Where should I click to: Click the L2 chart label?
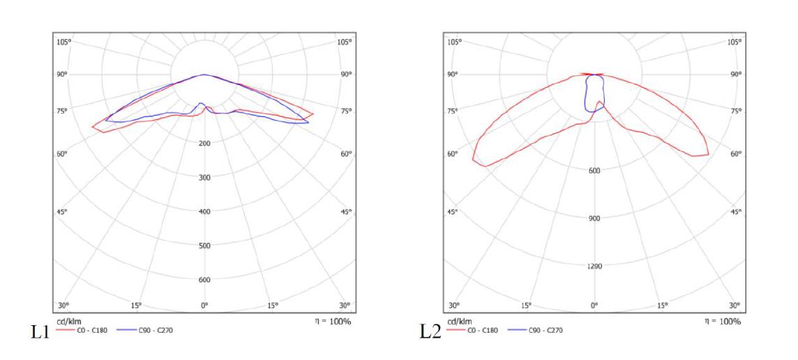[x=431, y=331]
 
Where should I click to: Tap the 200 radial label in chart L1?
[x=204, y=143]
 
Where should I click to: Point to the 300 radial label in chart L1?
[x=204, y=177]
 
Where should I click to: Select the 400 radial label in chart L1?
[x=204, y=211]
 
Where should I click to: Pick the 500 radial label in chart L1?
[x=204, y=246]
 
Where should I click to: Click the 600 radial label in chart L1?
[x=204, y=280]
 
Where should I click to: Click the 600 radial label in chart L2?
[x=594, y=170]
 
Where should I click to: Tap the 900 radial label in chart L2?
[x=594, y=218]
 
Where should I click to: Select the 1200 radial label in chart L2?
[x=594, y=266]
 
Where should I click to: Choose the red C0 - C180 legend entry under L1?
[x=82, y=330]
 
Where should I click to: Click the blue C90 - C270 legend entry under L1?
[x=144, y=330]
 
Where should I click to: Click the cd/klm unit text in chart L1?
[x=68, y=322]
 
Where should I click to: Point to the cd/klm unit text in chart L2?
[x=458, y=322]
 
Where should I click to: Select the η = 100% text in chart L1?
[x=333, y=322]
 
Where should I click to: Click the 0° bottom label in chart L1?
[x=204, y=306]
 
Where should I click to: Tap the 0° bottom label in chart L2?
[x=594, y=306]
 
